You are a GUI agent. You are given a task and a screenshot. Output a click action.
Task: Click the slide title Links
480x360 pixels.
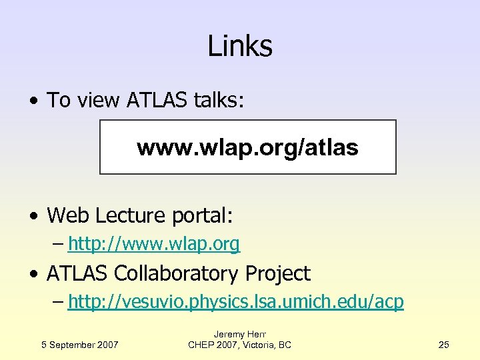click(240, 46)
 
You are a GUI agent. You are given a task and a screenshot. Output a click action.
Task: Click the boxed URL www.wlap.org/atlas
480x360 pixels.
click(248, 147)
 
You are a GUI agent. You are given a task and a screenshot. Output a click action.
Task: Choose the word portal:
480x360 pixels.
click(203, 216)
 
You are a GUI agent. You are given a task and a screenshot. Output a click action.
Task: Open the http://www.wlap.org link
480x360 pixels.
click(153, 245)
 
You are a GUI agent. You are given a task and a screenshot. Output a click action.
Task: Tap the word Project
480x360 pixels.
click(278, 273)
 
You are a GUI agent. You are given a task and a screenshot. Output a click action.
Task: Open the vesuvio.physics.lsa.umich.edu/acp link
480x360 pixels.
click(235, 302)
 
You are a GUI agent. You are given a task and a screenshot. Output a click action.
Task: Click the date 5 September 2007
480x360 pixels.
click(79, 345)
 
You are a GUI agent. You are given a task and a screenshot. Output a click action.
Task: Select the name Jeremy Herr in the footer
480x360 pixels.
click(239, 334)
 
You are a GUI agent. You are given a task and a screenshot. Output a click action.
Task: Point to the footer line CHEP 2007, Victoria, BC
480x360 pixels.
click(239, 345)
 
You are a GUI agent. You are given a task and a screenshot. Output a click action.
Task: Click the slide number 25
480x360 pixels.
click(444, 345)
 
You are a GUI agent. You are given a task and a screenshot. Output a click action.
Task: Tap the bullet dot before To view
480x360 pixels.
click(33, 101)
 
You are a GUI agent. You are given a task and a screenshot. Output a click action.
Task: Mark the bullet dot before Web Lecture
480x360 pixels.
click(33, 217)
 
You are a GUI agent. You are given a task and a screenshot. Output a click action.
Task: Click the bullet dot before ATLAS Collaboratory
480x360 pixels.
click(33, 275)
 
